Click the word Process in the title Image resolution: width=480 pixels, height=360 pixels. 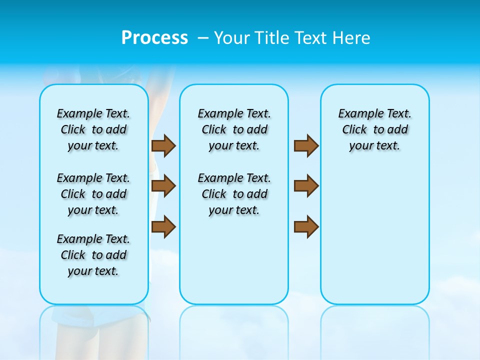click(154, 38)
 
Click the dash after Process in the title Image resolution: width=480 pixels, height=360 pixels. click(203, 38)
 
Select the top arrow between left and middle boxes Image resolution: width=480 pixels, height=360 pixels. click(163, 145)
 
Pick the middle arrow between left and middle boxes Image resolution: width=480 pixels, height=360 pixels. click(163, 186)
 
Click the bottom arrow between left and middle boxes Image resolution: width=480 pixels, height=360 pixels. click(163, 226)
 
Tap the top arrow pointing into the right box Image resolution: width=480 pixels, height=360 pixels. click(306, 145)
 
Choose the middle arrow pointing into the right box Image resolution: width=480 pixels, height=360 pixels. click(306, 186)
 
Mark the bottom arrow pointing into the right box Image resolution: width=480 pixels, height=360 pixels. click(306, 226)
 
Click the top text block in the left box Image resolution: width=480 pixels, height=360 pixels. click(93, 129)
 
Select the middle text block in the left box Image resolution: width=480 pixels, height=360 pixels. click(93, 194)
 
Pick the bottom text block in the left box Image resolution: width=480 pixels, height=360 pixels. click(93, 255)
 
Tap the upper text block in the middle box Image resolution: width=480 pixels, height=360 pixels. click(234, 129)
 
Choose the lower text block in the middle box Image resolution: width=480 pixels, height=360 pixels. click(234, 194)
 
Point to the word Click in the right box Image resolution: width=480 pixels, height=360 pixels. click(354, 130)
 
